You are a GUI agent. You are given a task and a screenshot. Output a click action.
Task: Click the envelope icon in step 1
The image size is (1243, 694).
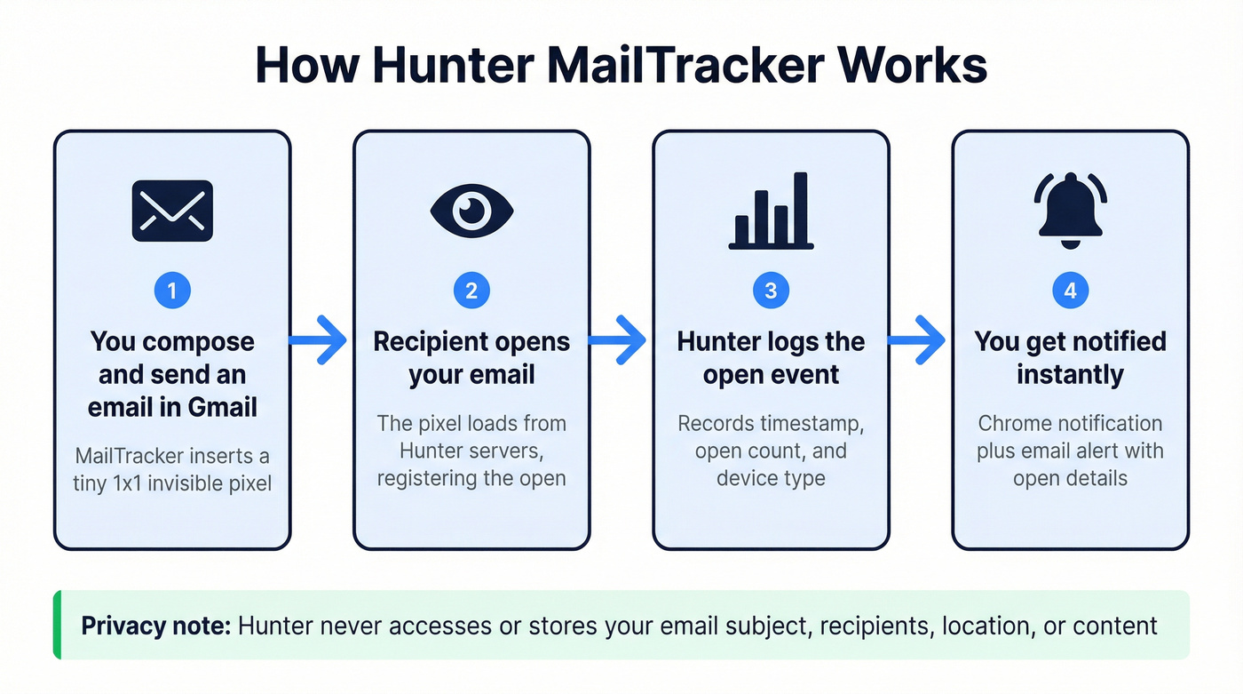[172, 211]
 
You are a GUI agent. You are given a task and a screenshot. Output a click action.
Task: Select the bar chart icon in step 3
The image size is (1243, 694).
[771, 211]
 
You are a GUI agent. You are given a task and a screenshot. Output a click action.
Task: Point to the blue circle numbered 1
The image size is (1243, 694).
[172, 291]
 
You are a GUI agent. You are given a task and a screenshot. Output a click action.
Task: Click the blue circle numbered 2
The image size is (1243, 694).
[471, 291]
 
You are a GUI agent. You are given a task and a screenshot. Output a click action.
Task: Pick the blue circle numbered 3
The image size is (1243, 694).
[771, 291]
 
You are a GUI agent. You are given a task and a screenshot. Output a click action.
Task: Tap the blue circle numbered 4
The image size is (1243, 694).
[1071, 291]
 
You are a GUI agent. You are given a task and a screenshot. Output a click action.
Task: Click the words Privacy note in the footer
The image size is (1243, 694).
[155, 626]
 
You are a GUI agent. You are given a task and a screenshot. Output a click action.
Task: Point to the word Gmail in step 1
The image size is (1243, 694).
[222, 407]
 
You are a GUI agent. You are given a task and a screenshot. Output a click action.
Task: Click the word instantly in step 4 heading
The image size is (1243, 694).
[1070, 374]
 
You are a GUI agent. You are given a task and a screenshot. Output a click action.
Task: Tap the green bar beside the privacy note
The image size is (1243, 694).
[57, 625]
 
